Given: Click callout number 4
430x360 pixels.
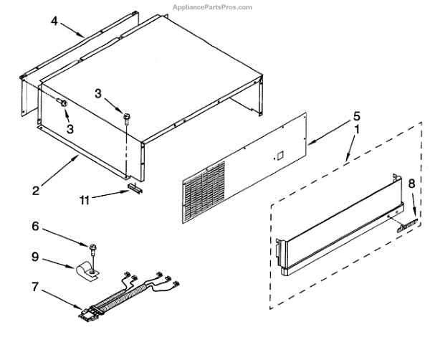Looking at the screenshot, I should click(54, 21).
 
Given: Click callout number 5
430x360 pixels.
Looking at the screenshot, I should click(356, 115).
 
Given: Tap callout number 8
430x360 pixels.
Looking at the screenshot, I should click(411, 184).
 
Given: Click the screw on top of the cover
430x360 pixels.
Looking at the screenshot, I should click(127, 116).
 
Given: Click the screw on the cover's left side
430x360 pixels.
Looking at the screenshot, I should click(64, 104).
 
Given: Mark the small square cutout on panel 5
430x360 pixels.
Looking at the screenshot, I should click(280, 154).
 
